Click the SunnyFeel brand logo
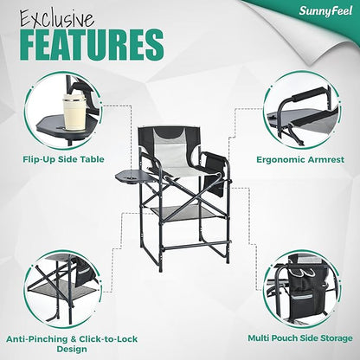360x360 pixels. coord(325,11)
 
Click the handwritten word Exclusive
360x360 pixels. coord(57,19)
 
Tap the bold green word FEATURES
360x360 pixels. coord(92,45)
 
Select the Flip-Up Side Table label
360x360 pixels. coord(63,159)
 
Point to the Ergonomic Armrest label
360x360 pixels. coord(300,159)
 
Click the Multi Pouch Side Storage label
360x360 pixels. coord(300,337)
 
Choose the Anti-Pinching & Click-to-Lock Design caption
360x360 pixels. coord(72,344)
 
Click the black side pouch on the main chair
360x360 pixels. coord(215,174)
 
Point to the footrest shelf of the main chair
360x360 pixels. coord(189,214)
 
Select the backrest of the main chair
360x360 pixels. coord(169,145)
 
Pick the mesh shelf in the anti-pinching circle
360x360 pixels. coord(65,289)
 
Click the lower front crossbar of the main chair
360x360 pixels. coord(196,246)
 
